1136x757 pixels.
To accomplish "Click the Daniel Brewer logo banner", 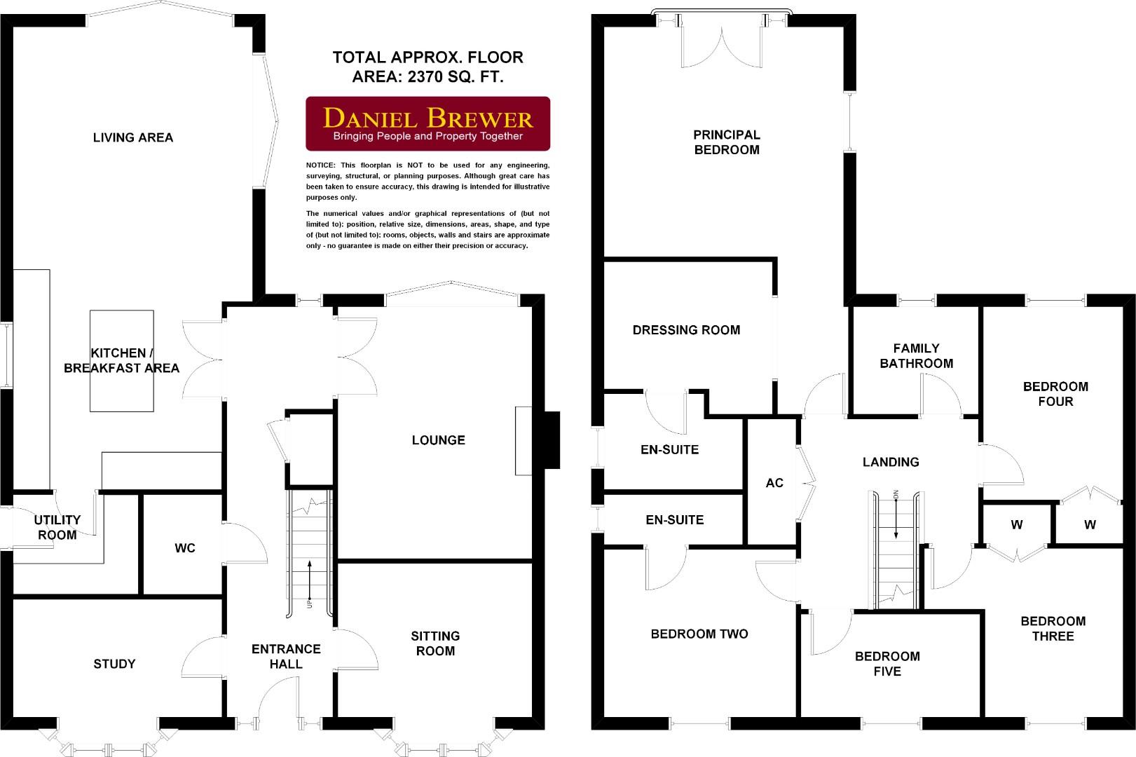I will pyautogui.click(x=427, y=123).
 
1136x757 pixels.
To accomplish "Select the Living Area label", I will pyautogui.click(x=133, y=137).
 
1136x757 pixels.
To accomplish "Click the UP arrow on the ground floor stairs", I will pyautogui.click(x=310, y=582).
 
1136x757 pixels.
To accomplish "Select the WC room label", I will pyautogui.click(x=185, y=548).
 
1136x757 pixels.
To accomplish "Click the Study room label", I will pyautogui.click(x=114, y=664).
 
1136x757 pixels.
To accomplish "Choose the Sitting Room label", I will pyautogui.click(x=435, y=643).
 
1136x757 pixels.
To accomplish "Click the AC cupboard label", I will pyautogui.click(x=774, y=483).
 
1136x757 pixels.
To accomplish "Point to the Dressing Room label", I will pyautogui.click(x=686, y=330).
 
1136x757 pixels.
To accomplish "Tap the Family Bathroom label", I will pyautogui.click(x=916, y=355).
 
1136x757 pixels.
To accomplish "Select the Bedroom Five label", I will pyautogui.click(x=887, y=663).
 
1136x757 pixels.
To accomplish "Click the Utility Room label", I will pyautogui.click(x=57, y=527).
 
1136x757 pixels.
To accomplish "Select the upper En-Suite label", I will pyautogui.click(x=669, y=450).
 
